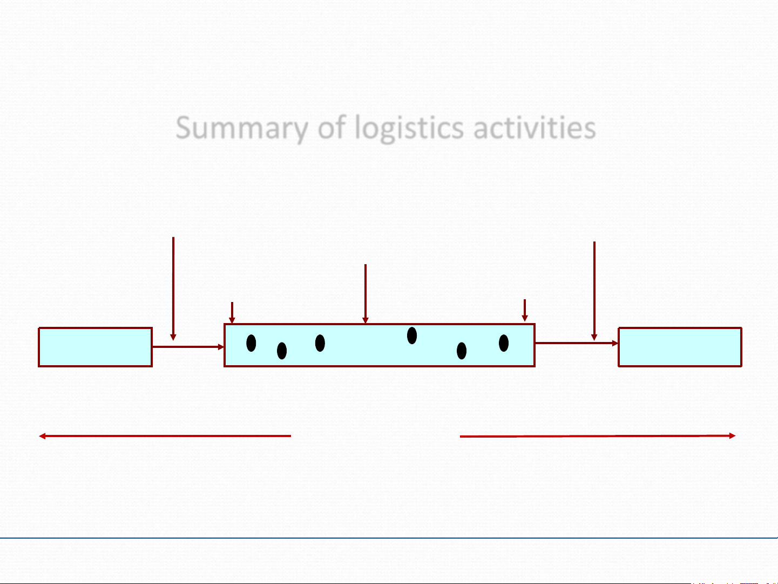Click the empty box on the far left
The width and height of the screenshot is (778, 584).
tap(95, 347)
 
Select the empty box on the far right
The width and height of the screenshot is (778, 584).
tap(680, 347)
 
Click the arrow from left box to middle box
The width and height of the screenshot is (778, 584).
tap(188, 347)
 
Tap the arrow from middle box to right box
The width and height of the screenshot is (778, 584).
tap(576, 343)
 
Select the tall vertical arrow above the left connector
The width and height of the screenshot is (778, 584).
tap(173, 286)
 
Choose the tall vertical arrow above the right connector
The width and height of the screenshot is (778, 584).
tap(594, 289)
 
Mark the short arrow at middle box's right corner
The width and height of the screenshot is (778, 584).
tap(524, 310)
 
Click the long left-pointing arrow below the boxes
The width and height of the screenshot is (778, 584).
tap(165, 435)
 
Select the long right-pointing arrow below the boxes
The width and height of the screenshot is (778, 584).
tap(597, 436)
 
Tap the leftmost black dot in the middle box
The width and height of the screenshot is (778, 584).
tap(251, 343)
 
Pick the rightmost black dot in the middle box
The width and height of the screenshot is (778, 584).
tap(504, 343)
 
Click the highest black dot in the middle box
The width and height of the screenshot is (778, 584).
tap(412, 335)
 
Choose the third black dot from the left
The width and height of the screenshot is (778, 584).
tap(320, 343)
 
